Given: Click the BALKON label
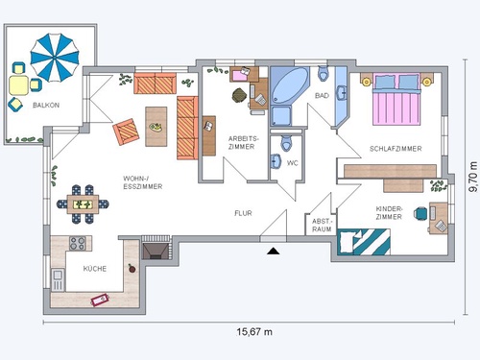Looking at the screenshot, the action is [46, 105].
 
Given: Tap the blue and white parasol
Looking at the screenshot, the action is [55, 58].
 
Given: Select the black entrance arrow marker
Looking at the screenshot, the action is [274, 251].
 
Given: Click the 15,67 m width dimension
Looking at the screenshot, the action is [254, 332].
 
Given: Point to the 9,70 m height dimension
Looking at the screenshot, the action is [473, 177].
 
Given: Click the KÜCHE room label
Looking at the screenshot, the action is [95, 269].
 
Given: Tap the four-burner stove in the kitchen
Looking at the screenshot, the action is [78, 243].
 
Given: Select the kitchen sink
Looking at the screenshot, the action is [58, 279].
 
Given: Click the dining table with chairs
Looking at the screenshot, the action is [83, 204].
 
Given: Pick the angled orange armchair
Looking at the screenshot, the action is [126, 132].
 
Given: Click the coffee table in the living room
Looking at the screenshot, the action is [156, 127].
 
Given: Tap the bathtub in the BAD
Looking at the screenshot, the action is [290, 85].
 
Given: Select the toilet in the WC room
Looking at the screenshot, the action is [286, 143].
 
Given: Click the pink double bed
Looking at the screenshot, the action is [396, 99].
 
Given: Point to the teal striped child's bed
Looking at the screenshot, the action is [364, 242].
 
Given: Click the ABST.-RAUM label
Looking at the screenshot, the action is [322, 226].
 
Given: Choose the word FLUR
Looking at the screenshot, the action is [243, 213].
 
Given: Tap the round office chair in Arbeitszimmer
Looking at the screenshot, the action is [239, 95].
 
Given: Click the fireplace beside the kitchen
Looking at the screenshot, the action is [156, 249].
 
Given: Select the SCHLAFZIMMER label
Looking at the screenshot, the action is [396, 149].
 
